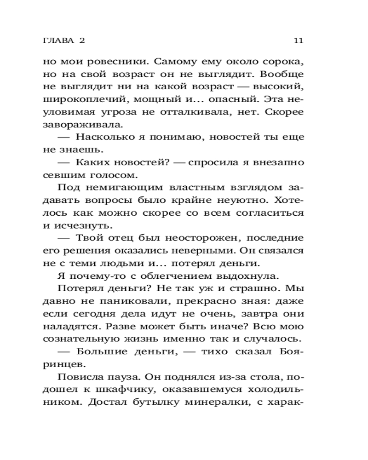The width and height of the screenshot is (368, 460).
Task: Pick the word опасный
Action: tap(219, 99)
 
